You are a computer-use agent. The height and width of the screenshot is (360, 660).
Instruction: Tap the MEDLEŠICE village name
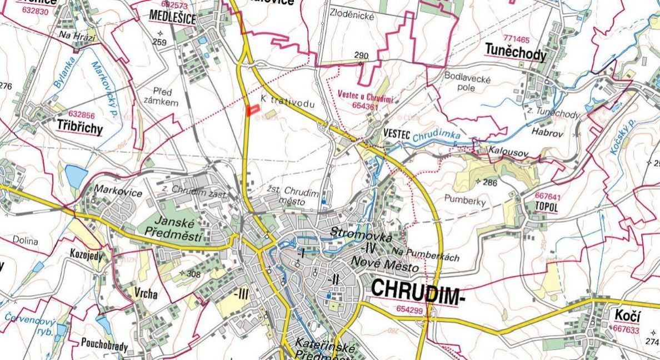(x=173, y=18)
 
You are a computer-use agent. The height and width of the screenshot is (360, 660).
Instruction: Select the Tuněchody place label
(x=516, y=53)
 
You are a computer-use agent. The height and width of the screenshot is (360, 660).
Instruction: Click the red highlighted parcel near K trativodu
(x=253, y=110)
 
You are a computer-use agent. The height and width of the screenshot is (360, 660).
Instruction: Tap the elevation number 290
(x=361, y=56)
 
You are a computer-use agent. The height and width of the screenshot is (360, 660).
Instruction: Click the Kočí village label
(x=627, y=316)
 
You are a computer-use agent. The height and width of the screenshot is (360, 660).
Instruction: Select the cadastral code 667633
(x=626, y=329)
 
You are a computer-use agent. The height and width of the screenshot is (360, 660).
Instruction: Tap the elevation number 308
(x=193, y=274)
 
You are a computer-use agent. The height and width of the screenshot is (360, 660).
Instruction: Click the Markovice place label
(x=118, y=193)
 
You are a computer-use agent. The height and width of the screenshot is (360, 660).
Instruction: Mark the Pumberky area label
(x=465, y=200)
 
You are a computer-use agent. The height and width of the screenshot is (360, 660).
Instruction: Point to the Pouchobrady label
(x=104, y=347)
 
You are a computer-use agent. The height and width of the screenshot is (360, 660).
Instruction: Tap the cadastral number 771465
(x=517, y=39)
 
